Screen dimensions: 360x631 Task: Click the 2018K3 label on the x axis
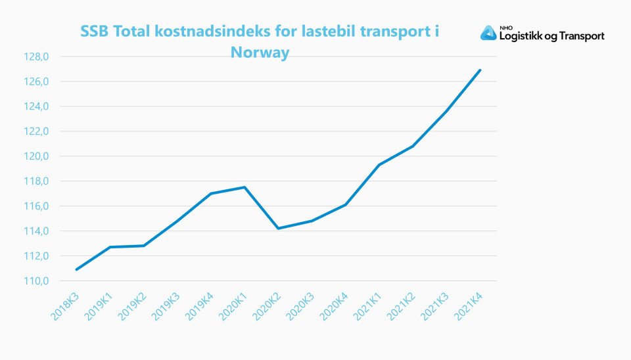coord(66,305)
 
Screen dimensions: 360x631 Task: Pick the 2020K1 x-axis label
coord(233,305)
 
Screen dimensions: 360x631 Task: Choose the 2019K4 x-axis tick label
coord(200,305)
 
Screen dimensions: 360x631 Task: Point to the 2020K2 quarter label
coord(267,305)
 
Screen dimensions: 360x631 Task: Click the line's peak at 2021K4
coord(480,70)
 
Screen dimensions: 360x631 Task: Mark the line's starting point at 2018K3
coord(77,269)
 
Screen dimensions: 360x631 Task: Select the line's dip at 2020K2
coord(279,229)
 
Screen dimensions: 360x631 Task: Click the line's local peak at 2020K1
coord(245,187)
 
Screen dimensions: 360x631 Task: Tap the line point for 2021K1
coord(379,165)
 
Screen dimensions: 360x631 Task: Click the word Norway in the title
coord(260,53)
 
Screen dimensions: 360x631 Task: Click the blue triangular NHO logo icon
coord(488,33)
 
